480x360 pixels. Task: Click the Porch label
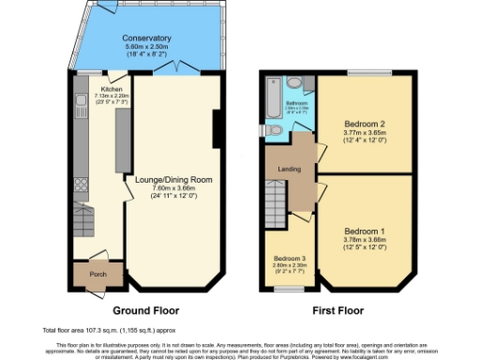pos(96,276)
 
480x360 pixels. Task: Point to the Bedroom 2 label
pos(365,123)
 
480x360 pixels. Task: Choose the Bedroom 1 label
pos(365,231)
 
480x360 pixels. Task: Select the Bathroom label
pos(298,103)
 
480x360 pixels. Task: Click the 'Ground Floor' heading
pos(145,310)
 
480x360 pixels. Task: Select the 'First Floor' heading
pos(338,310)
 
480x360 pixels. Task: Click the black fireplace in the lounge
pos(217,128)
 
